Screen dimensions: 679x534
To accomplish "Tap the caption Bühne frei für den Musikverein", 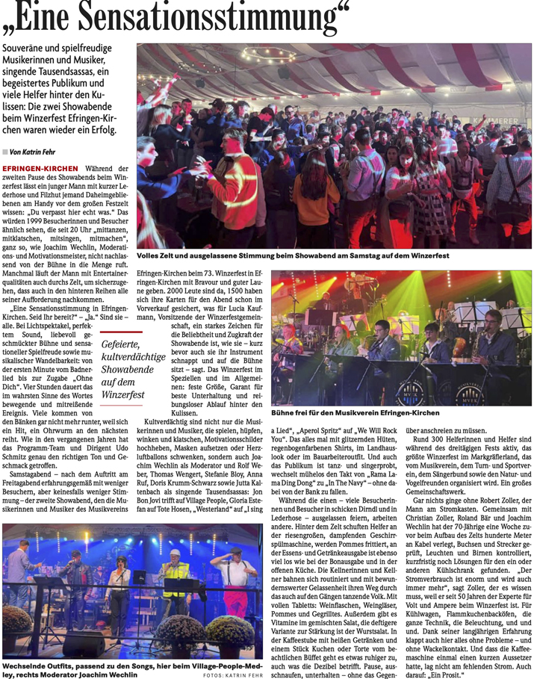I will (354, 412).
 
